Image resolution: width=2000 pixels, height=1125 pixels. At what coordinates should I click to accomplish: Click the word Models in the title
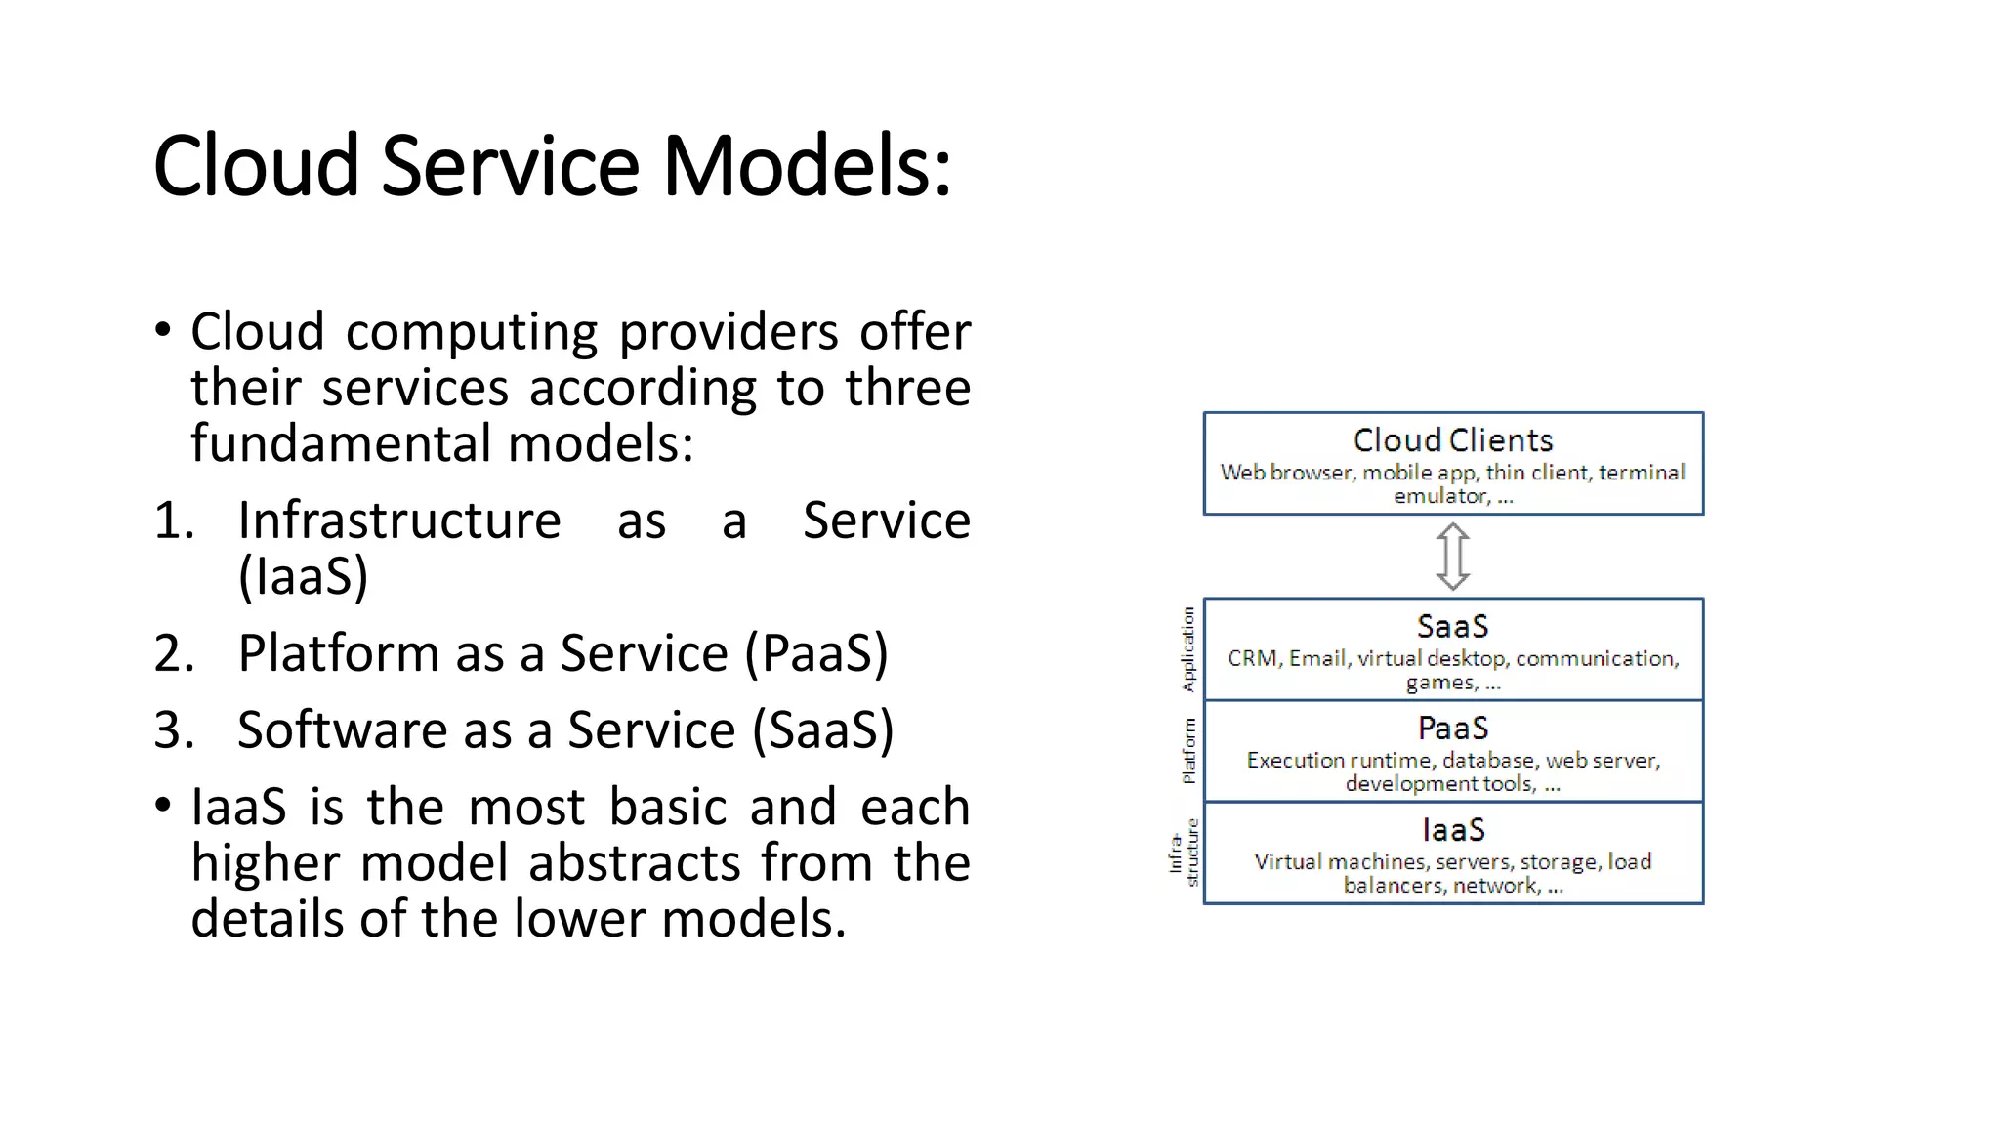(x=806, y=166)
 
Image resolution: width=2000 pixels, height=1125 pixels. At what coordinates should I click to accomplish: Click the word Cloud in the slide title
(x=256, y=166)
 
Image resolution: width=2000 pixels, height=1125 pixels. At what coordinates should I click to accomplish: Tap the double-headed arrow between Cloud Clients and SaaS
(x=1453, y=556)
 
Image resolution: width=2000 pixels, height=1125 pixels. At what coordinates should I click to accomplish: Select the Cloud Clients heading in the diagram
(x=1453, y=440)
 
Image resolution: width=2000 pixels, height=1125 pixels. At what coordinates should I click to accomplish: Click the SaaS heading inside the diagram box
(x=1453, y=626)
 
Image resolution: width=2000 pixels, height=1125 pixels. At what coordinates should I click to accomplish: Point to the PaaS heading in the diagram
(x=1453, y=728)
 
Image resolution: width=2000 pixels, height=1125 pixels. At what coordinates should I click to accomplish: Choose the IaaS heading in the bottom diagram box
(x=1453, y=830)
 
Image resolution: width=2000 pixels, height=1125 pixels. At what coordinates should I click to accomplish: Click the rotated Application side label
(x=1187, y=648)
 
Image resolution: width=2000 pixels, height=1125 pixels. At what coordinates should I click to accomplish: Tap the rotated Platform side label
(x=1187, y=750)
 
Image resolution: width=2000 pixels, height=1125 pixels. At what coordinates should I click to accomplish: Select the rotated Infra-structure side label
(x=1184, y=853)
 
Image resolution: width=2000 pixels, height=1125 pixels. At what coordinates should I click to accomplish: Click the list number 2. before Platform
(x=174, y=653)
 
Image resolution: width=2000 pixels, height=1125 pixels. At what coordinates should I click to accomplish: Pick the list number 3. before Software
(x=174, y=730)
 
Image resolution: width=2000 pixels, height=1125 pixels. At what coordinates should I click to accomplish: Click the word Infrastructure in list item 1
(x=399, y=520)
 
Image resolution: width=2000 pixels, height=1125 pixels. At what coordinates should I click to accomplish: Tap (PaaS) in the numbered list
(x=816, y=653)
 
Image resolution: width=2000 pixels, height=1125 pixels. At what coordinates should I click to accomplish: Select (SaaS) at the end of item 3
(x=822, y=730)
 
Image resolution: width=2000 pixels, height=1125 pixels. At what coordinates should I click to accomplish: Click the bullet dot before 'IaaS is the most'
(x=163, y=807)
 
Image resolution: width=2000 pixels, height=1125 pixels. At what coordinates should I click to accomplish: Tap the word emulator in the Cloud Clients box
(x=1440, y=496)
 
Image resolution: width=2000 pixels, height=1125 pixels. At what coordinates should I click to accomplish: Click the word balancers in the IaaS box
(x=1393, y=886)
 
